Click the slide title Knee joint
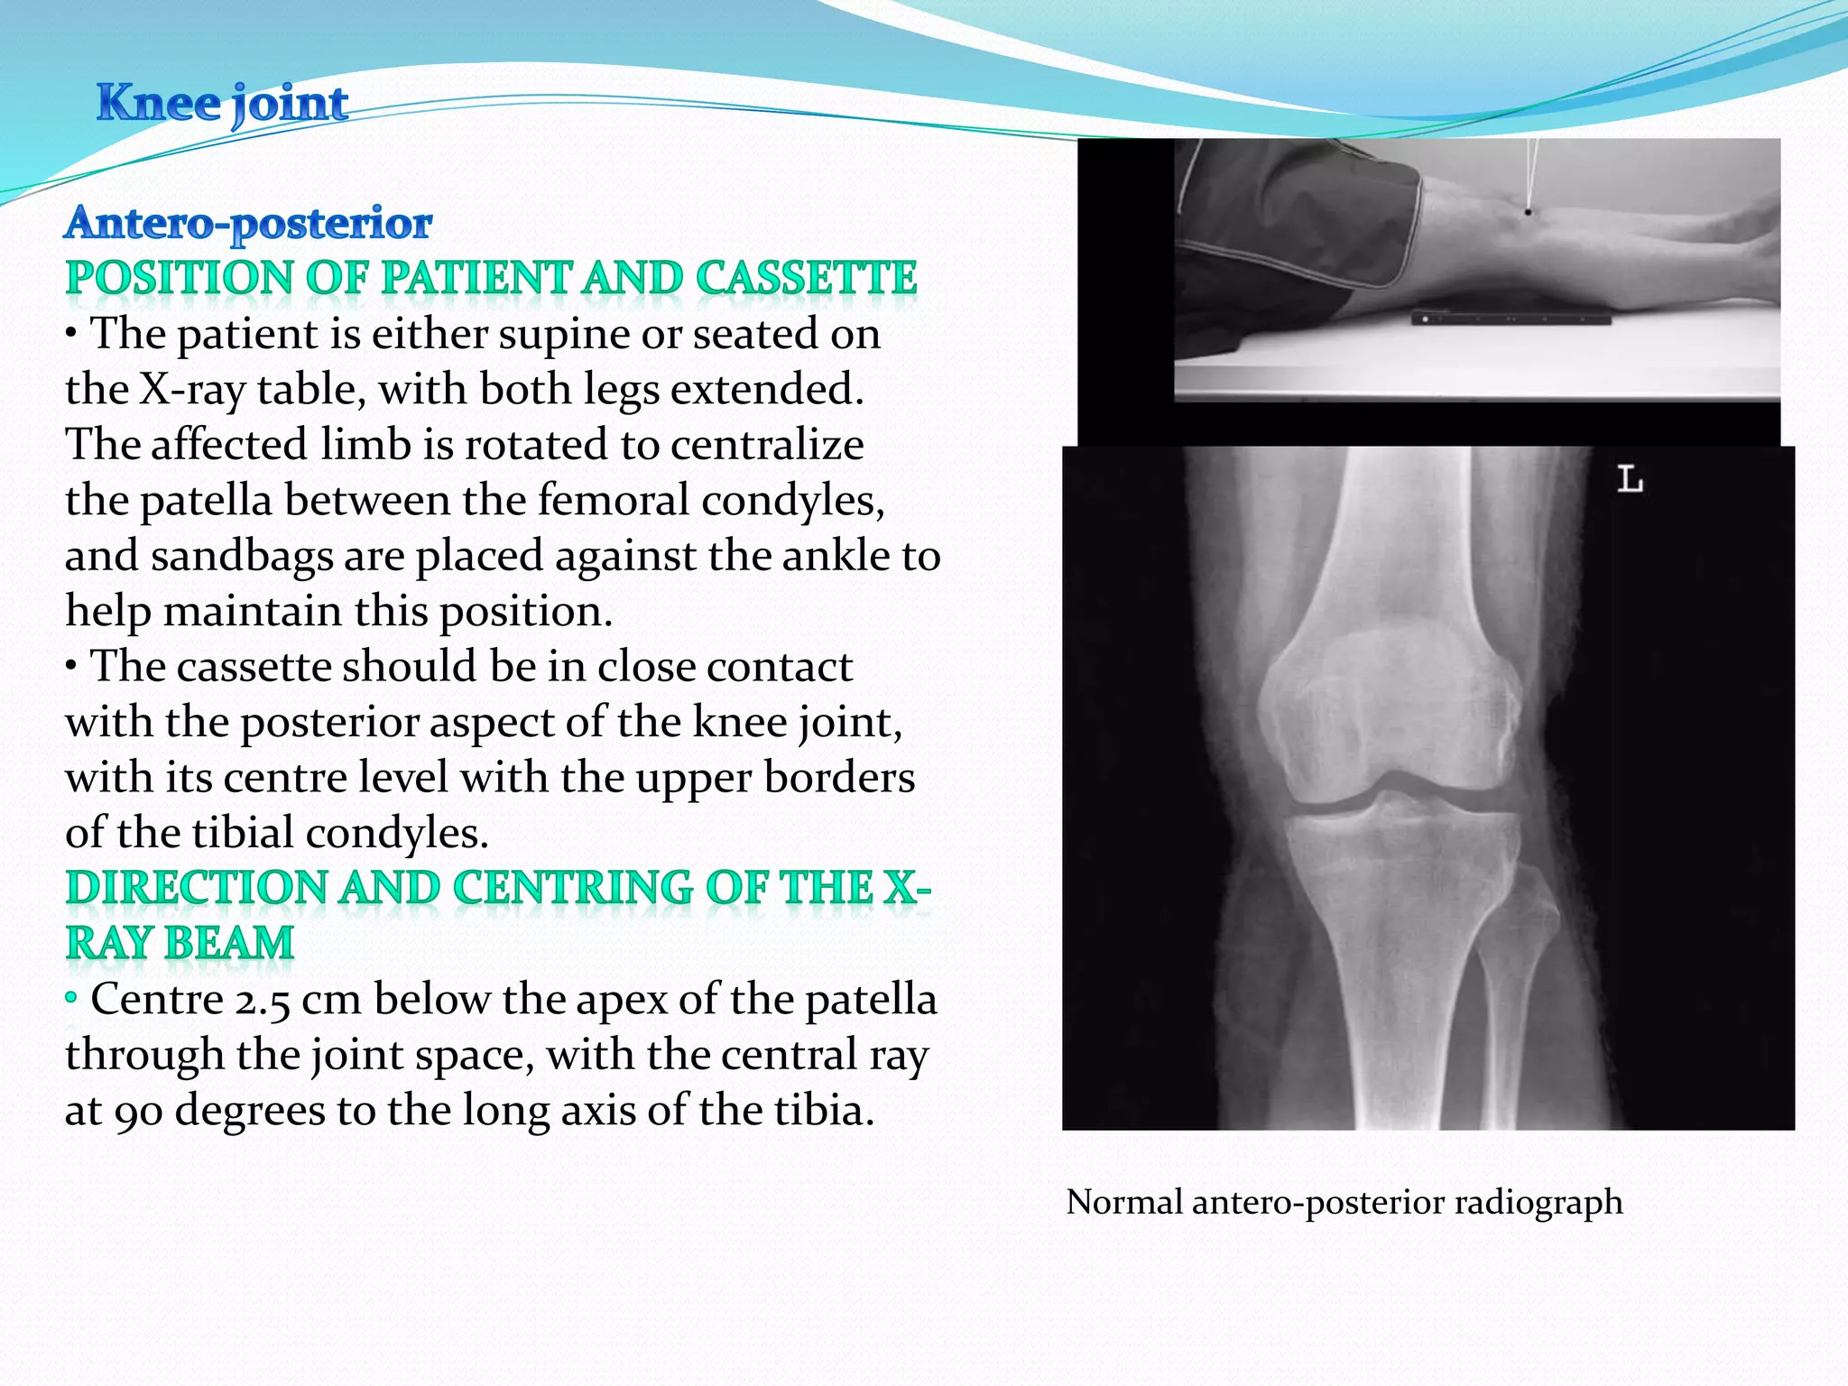coord(222,103)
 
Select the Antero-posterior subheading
coord(248,223)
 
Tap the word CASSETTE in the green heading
coord(806,278)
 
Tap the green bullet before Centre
coord(71,998)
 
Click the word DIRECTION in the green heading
coord(196,889)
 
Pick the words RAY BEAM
coord(180,944)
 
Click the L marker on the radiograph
coord(1629,479)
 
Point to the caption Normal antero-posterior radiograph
coord(1344,1203)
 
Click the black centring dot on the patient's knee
coord(1528,212)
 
